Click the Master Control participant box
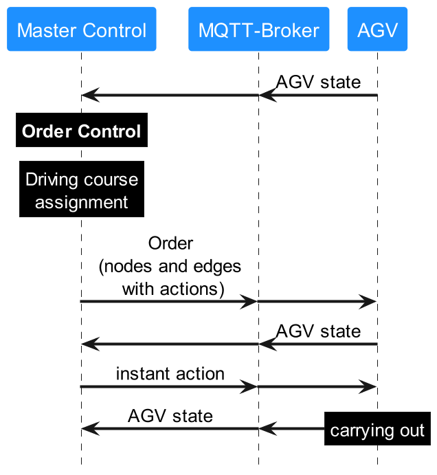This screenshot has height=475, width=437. [x=82, y=30]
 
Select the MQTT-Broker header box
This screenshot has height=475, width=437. [x=259, y=30]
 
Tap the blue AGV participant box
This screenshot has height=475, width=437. [x=377, y=30]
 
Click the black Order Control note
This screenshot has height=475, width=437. [x=82, y=131]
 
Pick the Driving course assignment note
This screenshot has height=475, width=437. [x=82, y=190]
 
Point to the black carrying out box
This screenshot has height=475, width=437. [x=377, y=431]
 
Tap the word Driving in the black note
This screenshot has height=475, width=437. [x=53, y=180]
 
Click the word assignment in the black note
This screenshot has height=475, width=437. [x=82, y=202]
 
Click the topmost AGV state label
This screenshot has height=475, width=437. [x=318, y=82]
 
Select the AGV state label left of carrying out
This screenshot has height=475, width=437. [x=170, y=416]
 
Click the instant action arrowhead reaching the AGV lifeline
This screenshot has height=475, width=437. [x=369, y=387]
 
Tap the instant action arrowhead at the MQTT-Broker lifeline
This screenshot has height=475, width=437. [x=249, y=387]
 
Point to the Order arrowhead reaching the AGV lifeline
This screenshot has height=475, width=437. [x=369, y=301]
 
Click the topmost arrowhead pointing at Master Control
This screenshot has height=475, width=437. [x=89, y=96]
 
